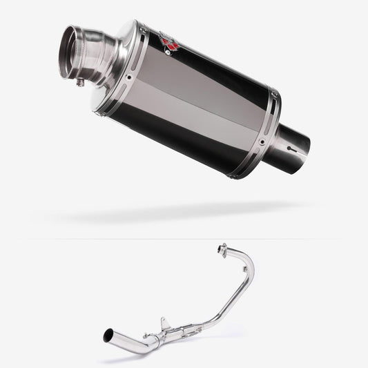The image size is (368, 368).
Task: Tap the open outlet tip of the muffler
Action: [x=73, y=51]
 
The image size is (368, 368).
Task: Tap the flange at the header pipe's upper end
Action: [x=223, y=249]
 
